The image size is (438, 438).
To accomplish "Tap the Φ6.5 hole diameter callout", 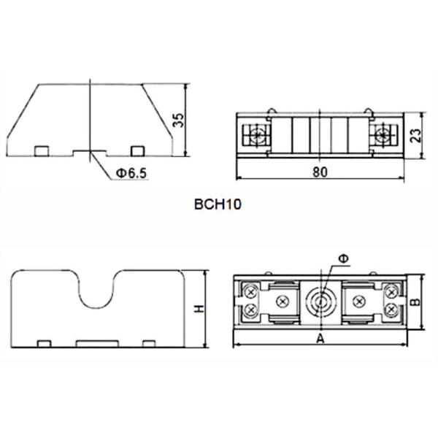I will [x=131, y=174].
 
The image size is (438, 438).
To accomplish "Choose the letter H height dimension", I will [x=198, y=309].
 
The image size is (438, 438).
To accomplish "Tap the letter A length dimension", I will [x=320, y=339].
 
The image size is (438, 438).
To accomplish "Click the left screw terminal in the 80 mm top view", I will [x=258, y=135].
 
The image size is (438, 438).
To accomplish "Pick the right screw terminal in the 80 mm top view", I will [x=381, y=135].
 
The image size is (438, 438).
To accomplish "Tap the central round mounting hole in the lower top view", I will [x=320, y=301].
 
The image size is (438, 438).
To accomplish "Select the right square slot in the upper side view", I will [x=136, y=150].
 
